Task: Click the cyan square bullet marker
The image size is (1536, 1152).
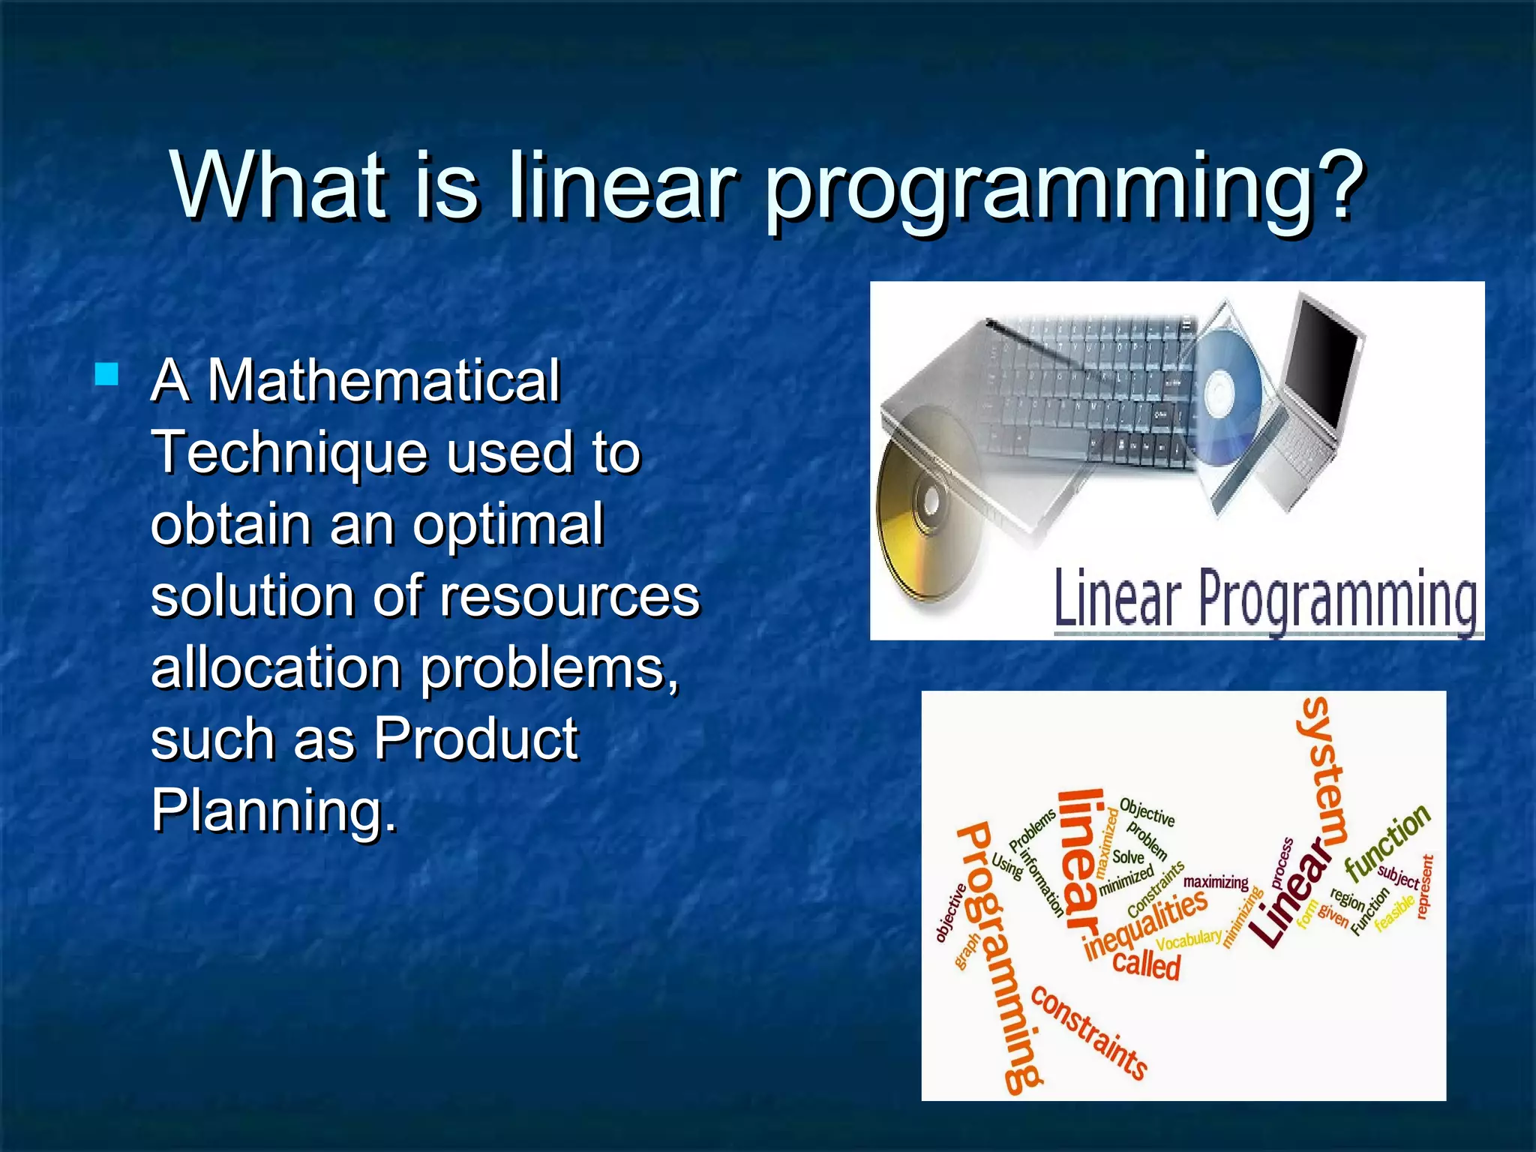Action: click(107, 373)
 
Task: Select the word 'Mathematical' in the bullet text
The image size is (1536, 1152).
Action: click(383, 380)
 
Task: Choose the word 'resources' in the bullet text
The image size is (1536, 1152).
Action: click(570, 595)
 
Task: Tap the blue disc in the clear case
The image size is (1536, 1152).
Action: click(1222, 390)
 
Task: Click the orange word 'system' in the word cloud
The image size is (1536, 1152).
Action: click(1324, 769)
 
